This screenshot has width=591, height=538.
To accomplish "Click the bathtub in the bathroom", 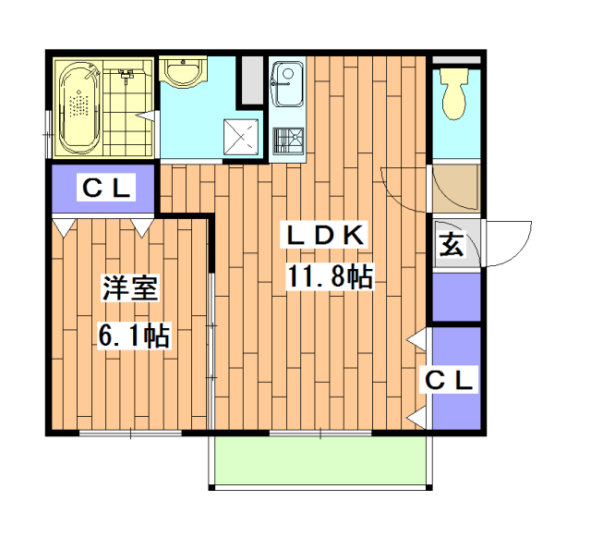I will [80, 108].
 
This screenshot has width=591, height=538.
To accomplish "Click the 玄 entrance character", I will [451, 246].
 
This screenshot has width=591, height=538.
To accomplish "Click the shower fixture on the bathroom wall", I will [128, 73].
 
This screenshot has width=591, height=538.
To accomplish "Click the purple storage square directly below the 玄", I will [456, 297].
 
